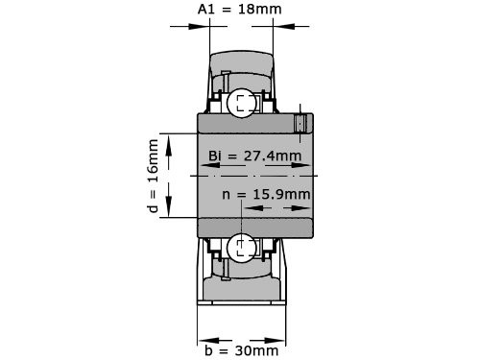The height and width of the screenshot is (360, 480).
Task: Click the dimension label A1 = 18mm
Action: click(241, 10)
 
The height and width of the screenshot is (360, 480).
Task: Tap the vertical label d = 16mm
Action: click(154, 177)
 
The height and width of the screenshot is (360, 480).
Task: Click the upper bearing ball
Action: click(241, 101)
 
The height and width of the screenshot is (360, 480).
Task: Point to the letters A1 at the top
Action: click(205, 10)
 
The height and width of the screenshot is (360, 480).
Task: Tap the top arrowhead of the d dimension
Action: click(169, 139)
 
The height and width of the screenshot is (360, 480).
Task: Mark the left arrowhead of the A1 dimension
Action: click(204, 26)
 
